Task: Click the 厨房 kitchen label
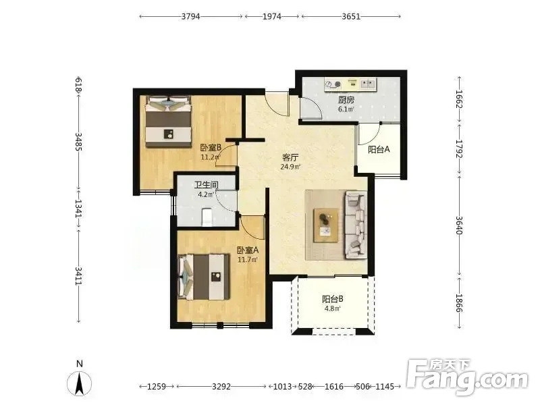[x=346, y=100]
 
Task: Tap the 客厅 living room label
[x=290, y=158]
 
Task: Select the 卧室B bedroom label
[x=211, y=148]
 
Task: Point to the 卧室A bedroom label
[x=248, y=250]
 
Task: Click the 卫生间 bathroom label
[x=207, y=185]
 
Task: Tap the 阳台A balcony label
[x=379, y=149]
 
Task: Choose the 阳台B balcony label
[x=333, y=299]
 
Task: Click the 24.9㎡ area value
[x=290, y=167]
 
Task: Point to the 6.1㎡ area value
[x=346, y=109]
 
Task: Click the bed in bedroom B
[x=168, y=122]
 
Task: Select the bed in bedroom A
[x=204, y=277]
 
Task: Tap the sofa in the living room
[x=356, y=225]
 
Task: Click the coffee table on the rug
[x=325, y=225]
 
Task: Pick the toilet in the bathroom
[x=207, y=217]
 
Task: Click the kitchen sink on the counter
[x=367, y=84]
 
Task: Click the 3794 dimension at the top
[x=190, y=16]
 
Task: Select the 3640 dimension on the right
[x=459, y=225]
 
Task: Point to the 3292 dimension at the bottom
[x=221, y=386]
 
